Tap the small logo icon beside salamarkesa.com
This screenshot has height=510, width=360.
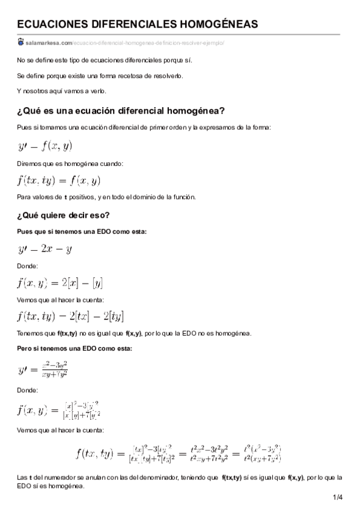[x=21, y=42]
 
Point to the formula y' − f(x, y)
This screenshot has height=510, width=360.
[x=45, y=145]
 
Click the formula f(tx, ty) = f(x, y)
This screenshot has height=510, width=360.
[x=59, y=180]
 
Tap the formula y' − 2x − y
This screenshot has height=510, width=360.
[x=45, y=247]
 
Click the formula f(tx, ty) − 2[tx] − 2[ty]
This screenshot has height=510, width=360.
[x=71, y=316]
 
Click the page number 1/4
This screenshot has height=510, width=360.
[x=337, y=497]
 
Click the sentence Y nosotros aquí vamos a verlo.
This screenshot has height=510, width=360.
[x=62, y=91]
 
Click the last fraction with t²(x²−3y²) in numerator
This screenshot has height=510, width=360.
[x=263, y=453]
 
